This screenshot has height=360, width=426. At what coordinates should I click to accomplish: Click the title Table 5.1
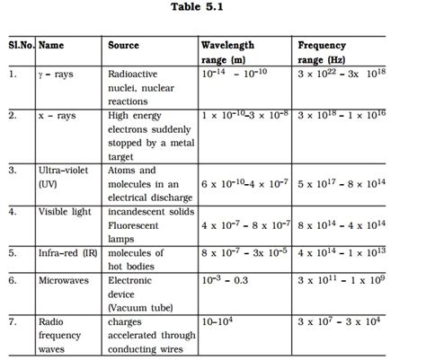tap(213, 10)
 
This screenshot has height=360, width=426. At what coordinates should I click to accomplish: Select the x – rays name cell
tap(58, 116)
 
